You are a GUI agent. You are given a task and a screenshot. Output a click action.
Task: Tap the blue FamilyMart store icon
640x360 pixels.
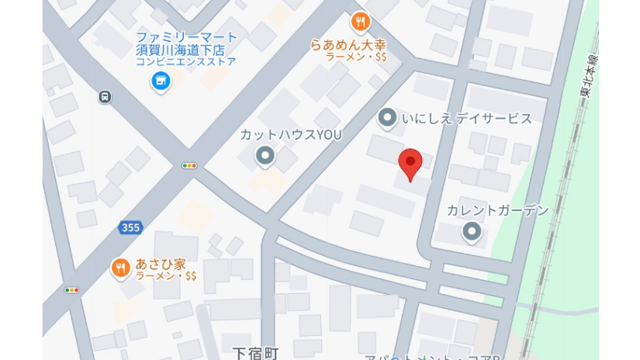pos(161,80)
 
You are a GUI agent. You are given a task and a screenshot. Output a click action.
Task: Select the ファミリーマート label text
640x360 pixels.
pos(186,37)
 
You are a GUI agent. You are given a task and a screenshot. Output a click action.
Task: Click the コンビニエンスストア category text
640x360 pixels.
pos(185,62)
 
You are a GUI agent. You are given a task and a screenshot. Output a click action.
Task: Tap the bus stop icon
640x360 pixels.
pos(105,97)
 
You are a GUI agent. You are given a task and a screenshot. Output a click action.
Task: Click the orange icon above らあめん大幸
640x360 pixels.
pos(359,22)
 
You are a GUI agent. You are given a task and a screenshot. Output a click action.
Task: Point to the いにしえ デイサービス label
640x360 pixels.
pos(467,119)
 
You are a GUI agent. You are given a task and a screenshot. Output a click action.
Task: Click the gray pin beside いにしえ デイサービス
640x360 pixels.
pos(387,118)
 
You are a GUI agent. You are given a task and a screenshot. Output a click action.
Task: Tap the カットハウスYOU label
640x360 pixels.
pos(290,135)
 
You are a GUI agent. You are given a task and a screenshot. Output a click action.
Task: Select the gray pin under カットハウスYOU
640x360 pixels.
pos(265,157)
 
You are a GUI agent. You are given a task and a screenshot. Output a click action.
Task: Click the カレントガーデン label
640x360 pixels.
pos(497,210)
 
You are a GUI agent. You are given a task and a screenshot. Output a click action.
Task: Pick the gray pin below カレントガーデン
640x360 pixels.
pos(472,231)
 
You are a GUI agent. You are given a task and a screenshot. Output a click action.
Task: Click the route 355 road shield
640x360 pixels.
pos(130,227)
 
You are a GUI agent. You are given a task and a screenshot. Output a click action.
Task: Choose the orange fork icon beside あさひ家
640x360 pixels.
pos(120,268)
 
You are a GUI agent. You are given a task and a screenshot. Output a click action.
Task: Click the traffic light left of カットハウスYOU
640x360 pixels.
pos(189,165)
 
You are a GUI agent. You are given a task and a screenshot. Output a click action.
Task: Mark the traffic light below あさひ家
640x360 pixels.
pos(72,290)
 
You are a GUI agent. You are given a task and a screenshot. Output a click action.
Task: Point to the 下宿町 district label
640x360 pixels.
pos(255,353)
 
